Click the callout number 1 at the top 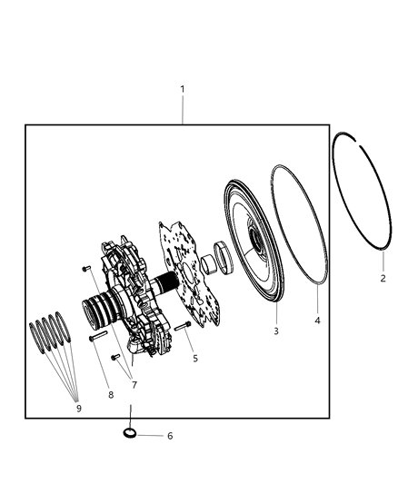pyautogui.click(x=183, y=89)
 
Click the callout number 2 pyautogui.click(x=383, y=278)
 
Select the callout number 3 pyautogui.click(x=275, y=331)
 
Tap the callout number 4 pyautogui.click(x=317, y=320)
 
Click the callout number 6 pyautogui.click(x=169, y=436)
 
